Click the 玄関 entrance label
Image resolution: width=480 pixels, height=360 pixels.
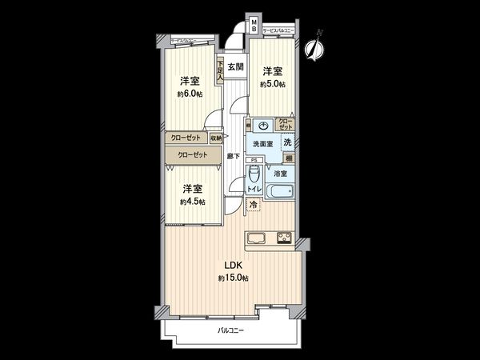coord(234,67)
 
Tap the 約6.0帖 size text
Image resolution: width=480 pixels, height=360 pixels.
coord(190,94)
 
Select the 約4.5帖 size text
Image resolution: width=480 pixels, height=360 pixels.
coord(191,202)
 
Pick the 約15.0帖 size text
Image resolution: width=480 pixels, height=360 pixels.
coord(233,278)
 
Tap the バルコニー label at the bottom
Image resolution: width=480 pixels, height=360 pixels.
coord(231,330)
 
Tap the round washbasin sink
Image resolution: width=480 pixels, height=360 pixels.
coord(262,126)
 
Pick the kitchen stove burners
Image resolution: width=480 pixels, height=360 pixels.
coord(284,237)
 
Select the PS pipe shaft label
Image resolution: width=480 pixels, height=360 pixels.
coord(251,160)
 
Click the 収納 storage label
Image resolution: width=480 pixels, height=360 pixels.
coord(217,137)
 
